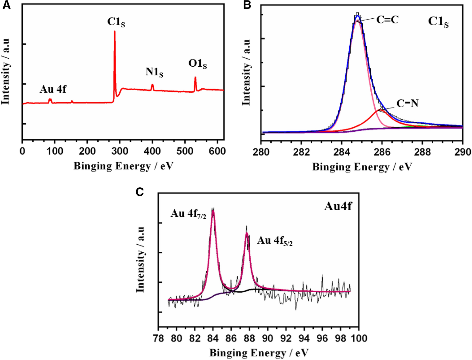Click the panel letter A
point(6,5)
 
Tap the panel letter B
point(247,5)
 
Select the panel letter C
point(140,192)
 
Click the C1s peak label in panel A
point(116,22)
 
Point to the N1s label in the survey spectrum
point(154,72)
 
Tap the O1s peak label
point(197,64)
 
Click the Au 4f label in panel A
point(53,89)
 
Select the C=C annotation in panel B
point(387,20)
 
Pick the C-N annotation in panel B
point(407,103)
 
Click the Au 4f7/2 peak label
point(188,214)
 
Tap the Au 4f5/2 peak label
point(275,241)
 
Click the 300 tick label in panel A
point(120,151)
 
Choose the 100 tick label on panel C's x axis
point(358,338)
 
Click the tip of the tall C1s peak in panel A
point(115,31)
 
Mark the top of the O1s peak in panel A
point(195,78)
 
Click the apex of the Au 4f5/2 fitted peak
point(247,233)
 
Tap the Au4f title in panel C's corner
point(338,207)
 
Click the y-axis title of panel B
point(246,72)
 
